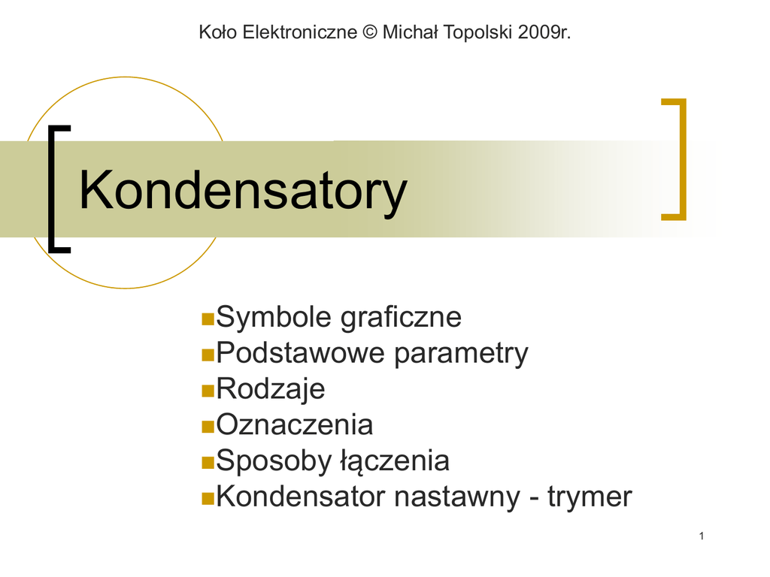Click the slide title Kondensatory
[243, 191]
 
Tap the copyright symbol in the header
[370, 32]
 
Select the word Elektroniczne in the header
[299, 32]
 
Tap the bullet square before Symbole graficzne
[208, 319]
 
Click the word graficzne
[401, 318]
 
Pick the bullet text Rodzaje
[271, 389]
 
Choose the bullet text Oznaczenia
[295, 424]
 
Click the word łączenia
[396, 462]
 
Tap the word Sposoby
[274, 462]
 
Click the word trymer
[590, 497]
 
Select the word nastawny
[456, 497]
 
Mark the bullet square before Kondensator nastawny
[208, 499]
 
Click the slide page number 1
[702, 536]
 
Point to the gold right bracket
[683, 159]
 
